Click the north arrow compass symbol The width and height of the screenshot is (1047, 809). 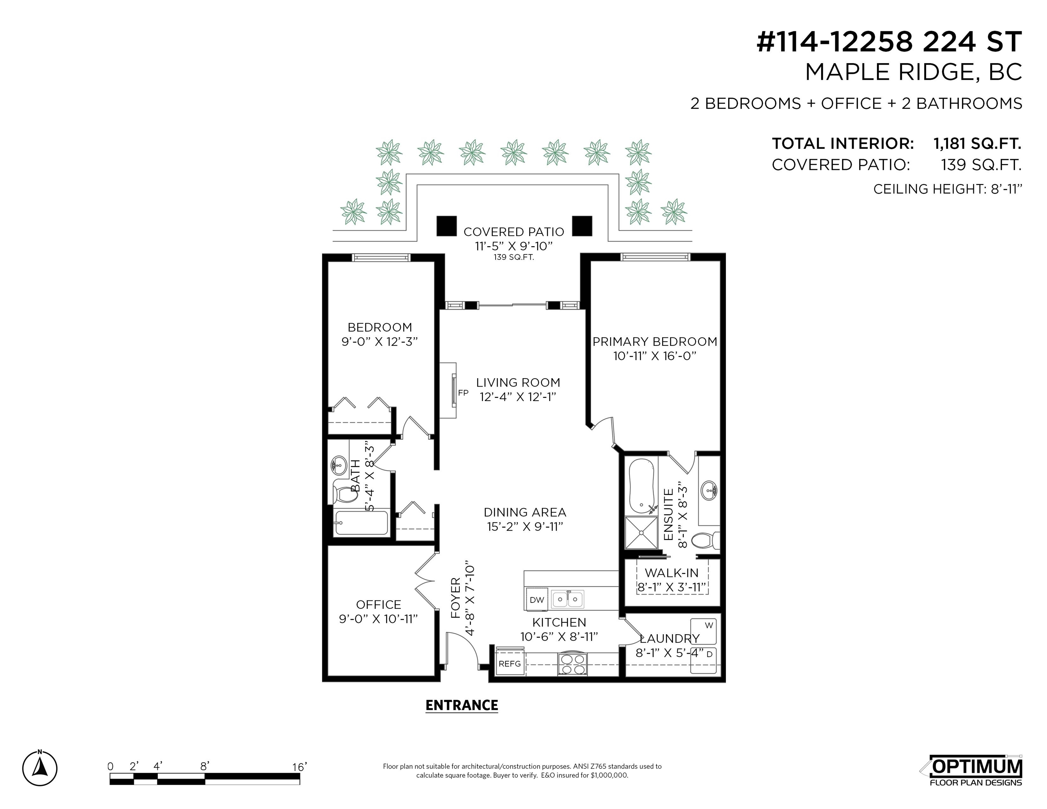[x=40, y=768]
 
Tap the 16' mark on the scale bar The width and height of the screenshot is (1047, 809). [x=299, y=767]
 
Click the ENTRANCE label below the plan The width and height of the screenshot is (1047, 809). [x=462, y=705]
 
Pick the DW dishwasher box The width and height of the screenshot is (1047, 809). [x=537, y=600]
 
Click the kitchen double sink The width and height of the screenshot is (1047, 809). [x=568, y=599]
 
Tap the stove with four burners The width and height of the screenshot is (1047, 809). [x=572, y=664]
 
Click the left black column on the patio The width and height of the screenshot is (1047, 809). [x=446, y=226]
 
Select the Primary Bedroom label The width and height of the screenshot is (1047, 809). [x=655, y=342]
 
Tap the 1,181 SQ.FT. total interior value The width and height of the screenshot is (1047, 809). [x=977, y=143]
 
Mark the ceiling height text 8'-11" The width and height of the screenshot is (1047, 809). [x=1006, y=189]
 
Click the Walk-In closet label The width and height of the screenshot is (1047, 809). [x=671, y=573]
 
